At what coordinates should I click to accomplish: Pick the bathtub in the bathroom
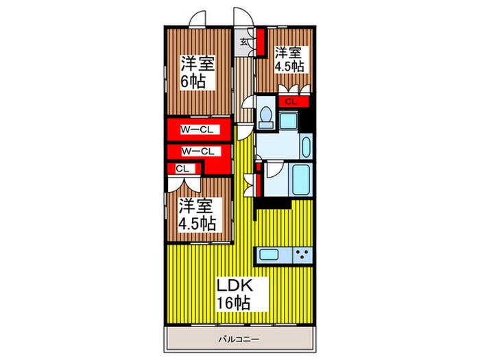click(x=300, y=180)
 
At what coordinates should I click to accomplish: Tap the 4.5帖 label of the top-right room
click(x=289, y=67)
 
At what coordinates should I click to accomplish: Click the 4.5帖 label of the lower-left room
click(x=198, y=224)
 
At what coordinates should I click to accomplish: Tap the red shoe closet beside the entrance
click(x=261, y=42)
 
